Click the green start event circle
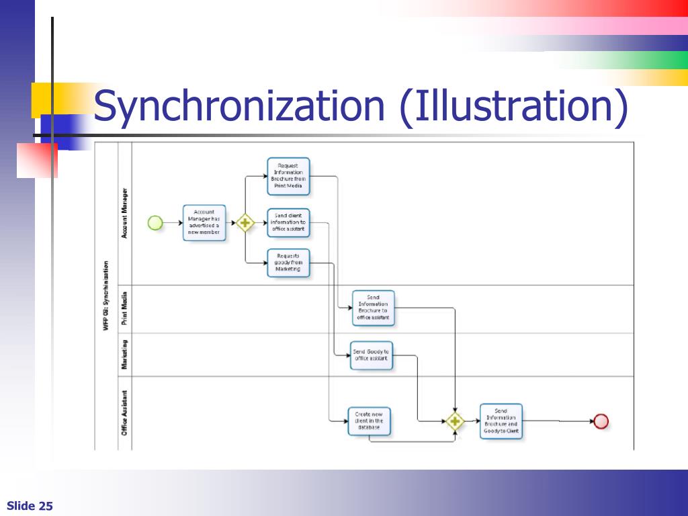(x=155, y=222)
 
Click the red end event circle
(x=601, y=421)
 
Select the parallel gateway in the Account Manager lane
(x=245, y=222)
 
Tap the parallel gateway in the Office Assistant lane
(x=455, y=421)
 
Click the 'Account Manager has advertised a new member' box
(x=204, y=222)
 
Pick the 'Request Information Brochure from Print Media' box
(x=288, y=175)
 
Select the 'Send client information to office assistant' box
(x=288, y=222)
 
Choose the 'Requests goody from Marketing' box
(x=288, y=262)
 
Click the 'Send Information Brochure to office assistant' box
(x=373, y=308)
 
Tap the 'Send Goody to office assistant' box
(x=371, y=355)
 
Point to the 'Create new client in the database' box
(x=369, y=421)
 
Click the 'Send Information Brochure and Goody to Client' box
(x=501, y=421)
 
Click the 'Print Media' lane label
(x=124, y=309)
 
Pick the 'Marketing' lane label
(x=124, y=354)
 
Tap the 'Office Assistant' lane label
(x=124, y=413)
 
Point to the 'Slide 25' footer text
(x=30, y=506)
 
